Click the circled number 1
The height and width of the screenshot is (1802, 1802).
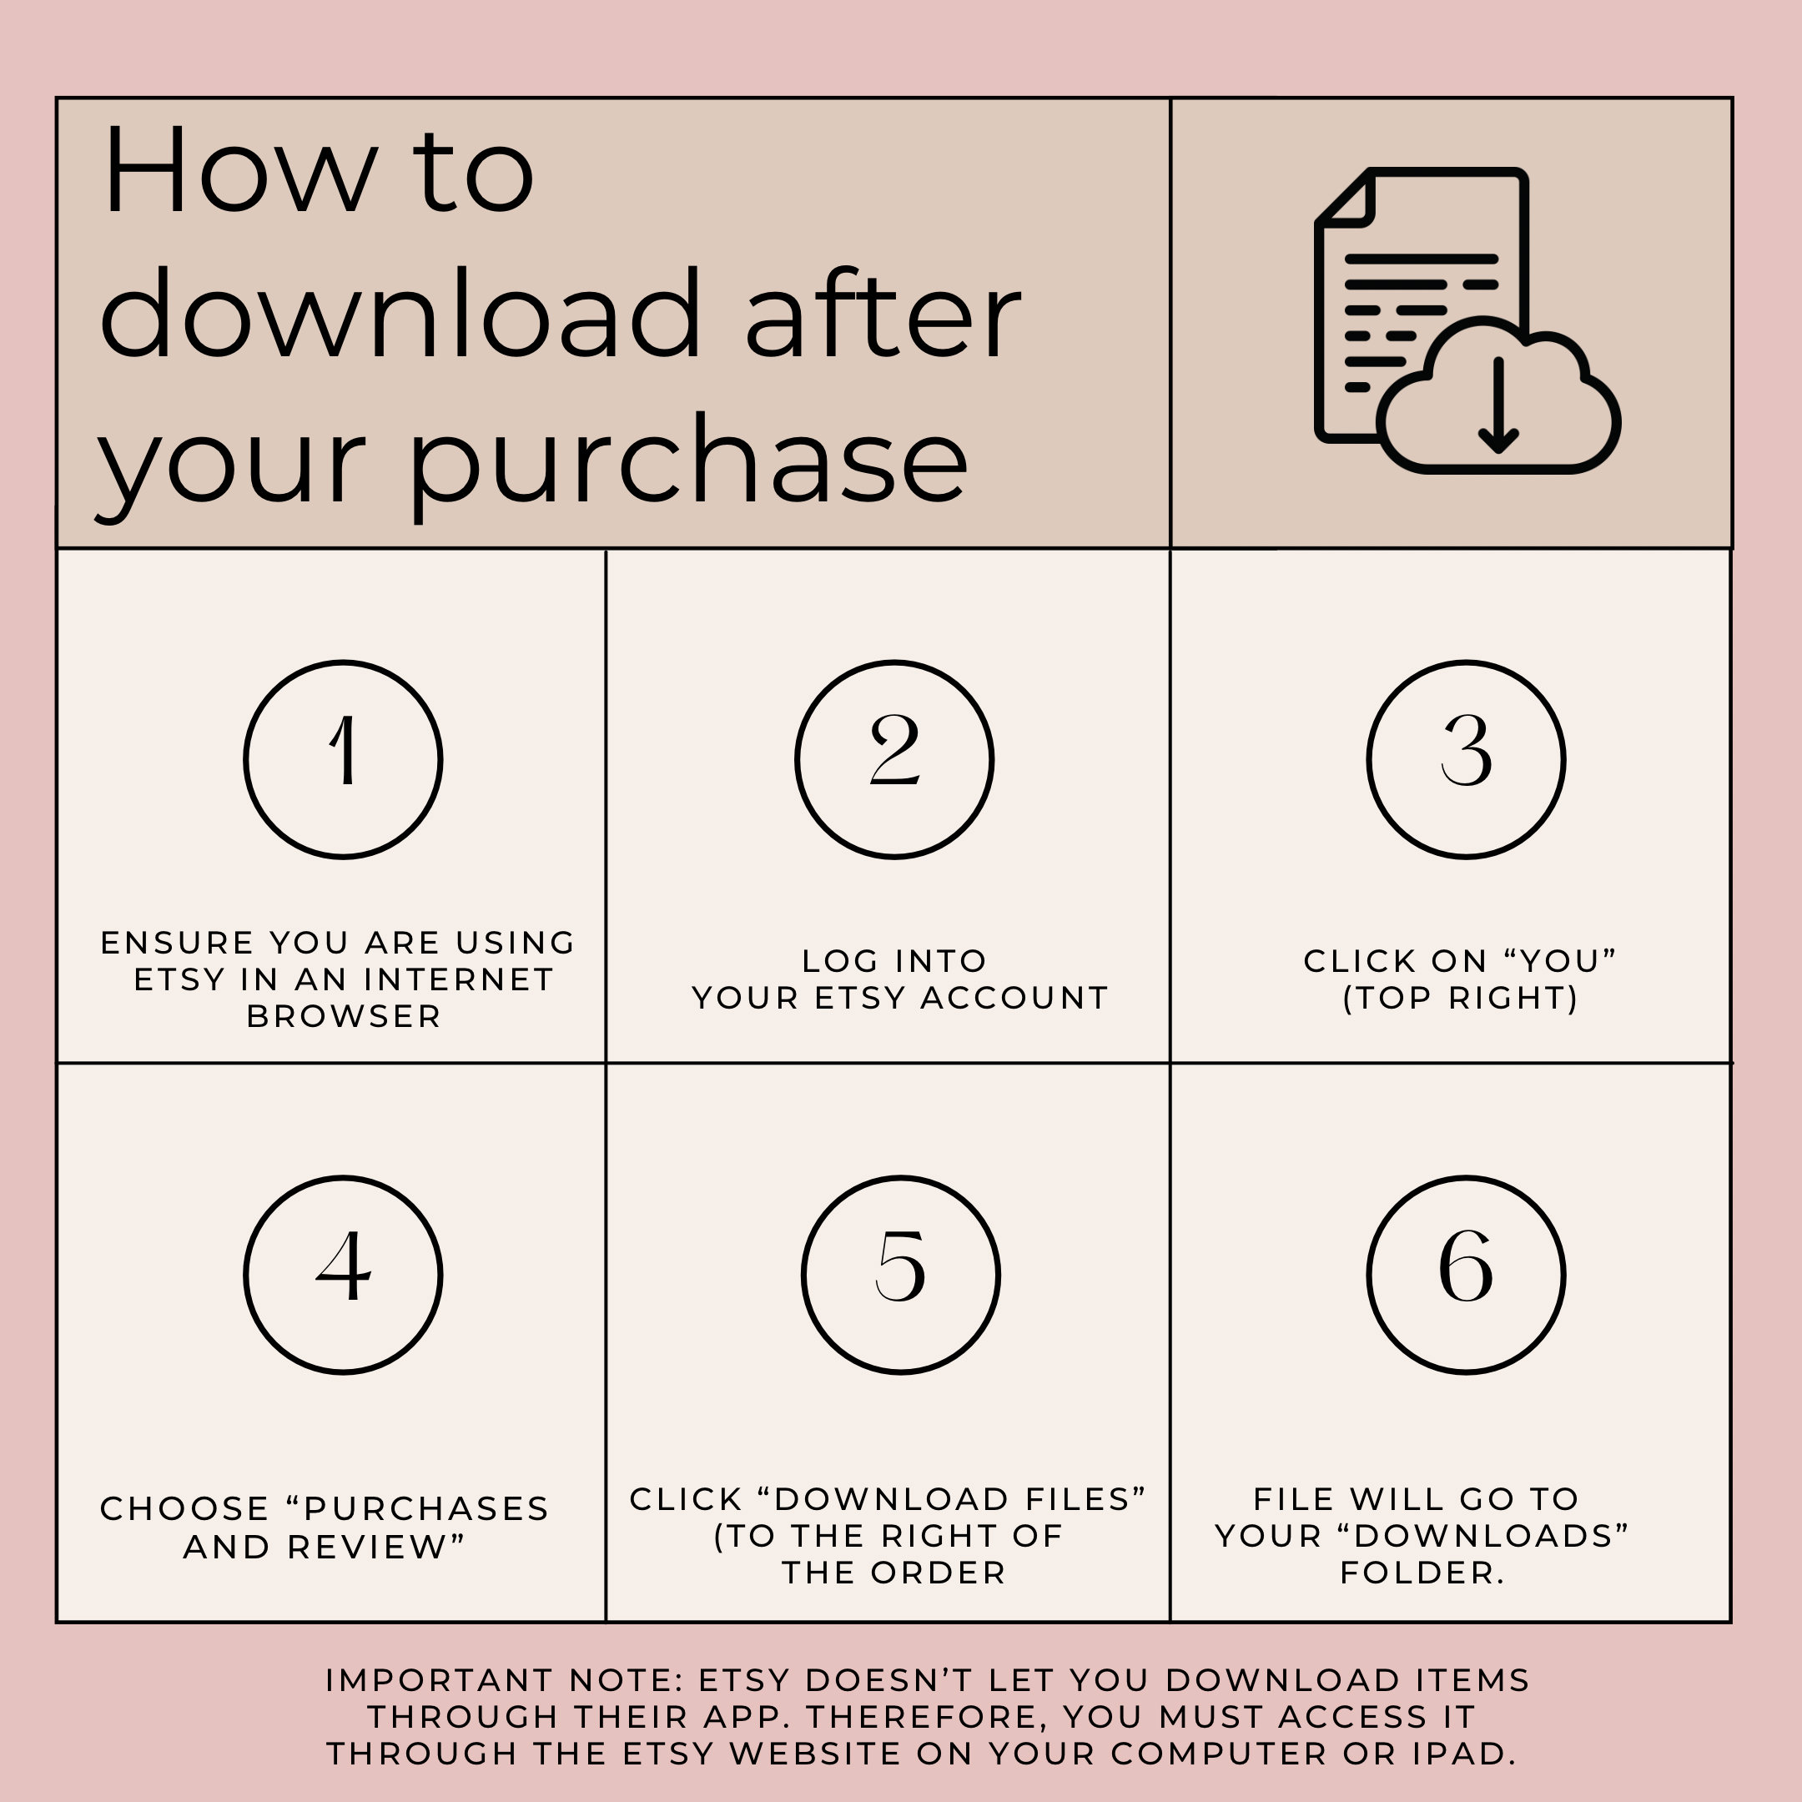tap(343, 758)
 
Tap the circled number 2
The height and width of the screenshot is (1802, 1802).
tap(894, 758)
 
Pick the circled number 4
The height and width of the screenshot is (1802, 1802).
tap(343, 1274)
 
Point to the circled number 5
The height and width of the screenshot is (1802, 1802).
tap(900, 1274)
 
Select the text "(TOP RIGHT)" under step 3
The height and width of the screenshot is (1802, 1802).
tap(1461, 998)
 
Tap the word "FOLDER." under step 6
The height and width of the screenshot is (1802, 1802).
tap(1422, 1573)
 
